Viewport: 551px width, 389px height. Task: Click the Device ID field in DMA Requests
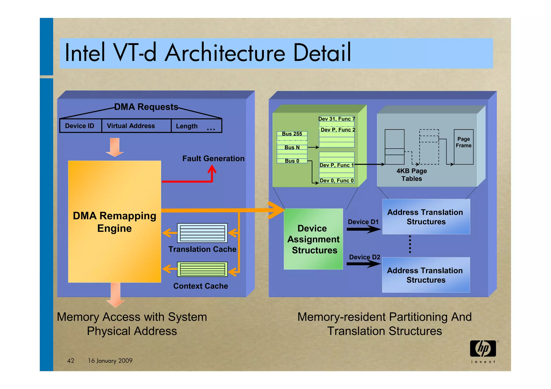pyautogui.click(x=80, y=126)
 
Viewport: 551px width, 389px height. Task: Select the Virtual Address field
pyautogui.click(x=131, y=126)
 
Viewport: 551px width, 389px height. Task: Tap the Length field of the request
pyautogui.click(x=187, y=126)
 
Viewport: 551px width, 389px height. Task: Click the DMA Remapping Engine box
pyautogui.click(x=115, y=222)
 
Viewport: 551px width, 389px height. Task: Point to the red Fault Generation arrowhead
pyautogui.click(x=212, y=169)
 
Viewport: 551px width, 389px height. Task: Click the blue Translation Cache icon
pyautogui.click(x=202, y=233)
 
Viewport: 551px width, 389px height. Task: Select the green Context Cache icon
pyautogui.click(x=202, y=269)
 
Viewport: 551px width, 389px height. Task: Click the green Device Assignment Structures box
pyautogui.click(x=313, y=239)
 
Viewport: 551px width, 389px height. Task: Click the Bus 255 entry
pyautogui.click(x=292, y=134)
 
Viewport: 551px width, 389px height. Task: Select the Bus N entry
pyautogui.click(x=292, y=147)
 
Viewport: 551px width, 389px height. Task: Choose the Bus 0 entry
pyautogui.click(x=292, y=161)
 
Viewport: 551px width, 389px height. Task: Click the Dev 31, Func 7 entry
pyautogui.click(x=337, y=119)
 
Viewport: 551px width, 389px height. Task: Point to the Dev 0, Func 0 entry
pyautogui.click(x=337, y=181)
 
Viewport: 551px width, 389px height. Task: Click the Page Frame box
pyautogui.click(x=464, y=147)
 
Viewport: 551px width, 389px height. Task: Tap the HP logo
pyautogui.click(x=483, y=349)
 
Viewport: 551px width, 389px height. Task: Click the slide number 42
pyautogui.click(x=71, y=361)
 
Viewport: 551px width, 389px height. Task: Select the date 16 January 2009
pyautogui.click(x=110, y=361)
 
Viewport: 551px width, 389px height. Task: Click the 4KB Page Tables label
pyautogui.click(x=412, y=175)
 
